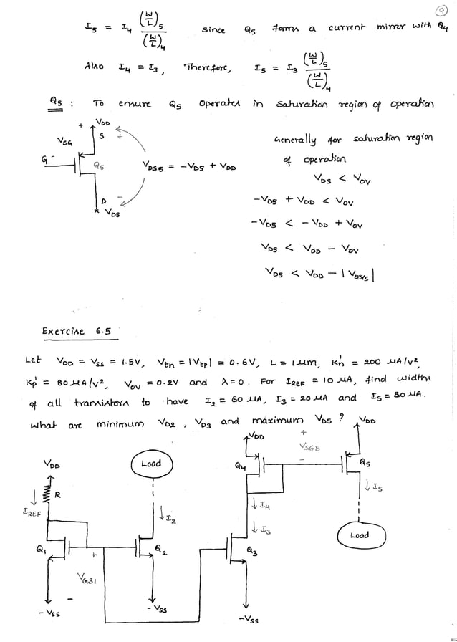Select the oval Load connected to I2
tap(151, 464)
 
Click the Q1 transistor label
tap(41, 550)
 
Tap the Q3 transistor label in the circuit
tap(251, 551)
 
